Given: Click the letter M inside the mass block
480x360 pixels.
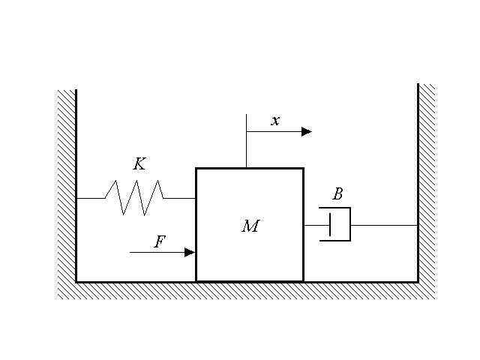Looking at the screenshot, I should point(250,226).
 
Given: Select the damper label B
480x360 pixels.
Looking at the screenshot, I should point(337,195).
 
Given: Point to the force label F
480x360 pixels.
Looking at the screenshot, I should point(159,241).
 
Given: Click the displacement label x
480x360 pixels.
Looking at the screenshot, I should point(275,121).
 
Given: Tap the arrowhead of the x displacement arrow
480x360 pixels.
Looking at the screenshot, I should point(307,131).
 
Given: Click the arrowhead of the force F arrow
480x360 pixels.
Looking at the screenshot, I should point(190,253).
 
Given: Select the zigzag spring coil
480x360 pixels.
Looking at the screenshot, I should point(134,197).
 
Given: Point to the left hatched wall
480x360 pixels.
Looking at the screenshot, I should point(67,187).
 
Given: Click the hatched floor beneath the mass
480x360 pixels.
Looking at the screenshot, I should point(247,291).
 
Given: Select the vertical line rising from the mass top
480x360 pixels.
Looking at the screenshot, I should point(246,142).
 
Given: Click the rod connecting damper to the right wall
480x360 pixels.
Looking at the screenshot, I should point(383,225).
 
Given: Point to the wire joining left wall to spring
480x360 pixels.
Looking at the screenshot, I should point(90,198).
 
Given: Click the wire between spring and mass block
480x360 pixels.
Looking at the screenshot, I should point(180,198).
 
